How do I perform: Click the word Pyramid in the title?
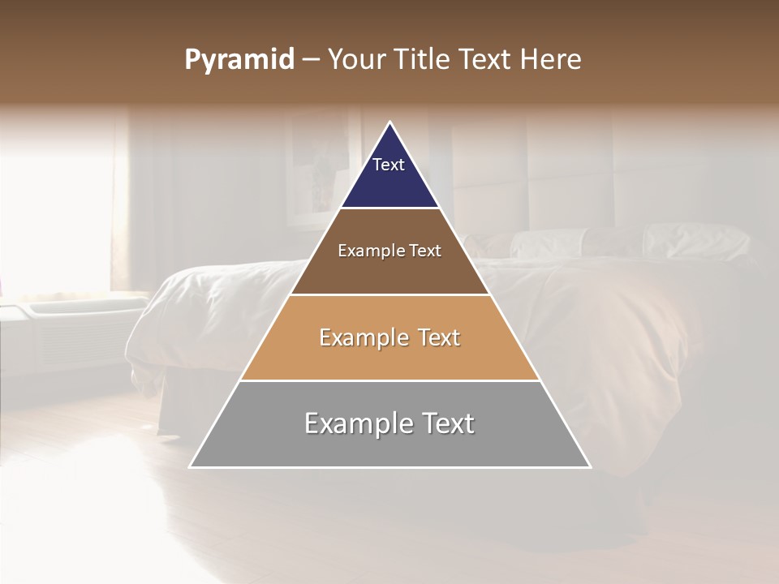click(239, 60)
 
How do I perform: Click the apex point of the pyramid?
click(390, 123)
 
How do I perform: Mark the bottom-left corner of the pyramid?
click(192, 466)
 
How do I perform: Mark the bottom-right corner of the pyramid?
click(589, 466)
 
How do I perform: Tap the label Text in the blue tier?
click(388, 165)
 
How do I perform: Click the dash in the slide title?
click(310, 60)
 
